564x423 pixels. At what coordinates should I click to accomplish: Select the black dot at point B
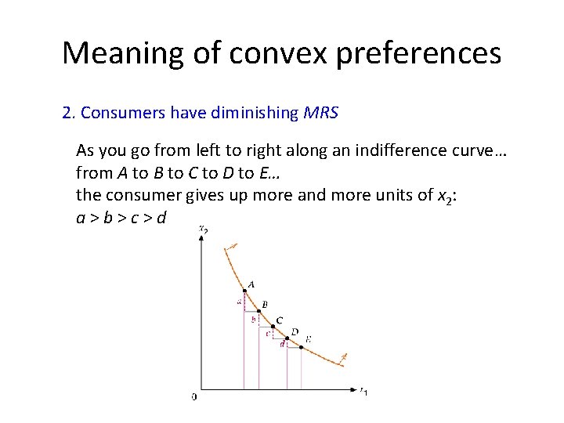tap(258, 312)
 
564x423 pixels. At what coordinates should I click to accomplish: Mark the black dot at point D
tap(287, 340)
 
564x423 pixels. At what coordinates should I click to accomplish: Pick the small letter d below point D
tap(281, 344)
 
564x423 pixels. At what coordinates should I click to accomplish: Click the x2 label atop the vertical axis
tap(204, 229)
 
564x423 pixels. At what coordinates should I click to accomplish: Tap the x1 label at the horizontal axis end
tap(363, 391)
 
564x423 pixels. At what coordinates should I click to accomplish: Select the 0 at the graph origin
tap(194, 397)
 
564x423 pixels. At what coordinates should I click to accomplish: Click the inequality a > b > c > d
tap(121, 217)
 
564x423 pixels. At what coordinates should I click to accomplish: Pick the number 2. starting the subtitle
tap(68, 113)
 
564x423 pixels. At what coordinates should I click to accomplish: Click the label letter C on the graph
tap(280, 320)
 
